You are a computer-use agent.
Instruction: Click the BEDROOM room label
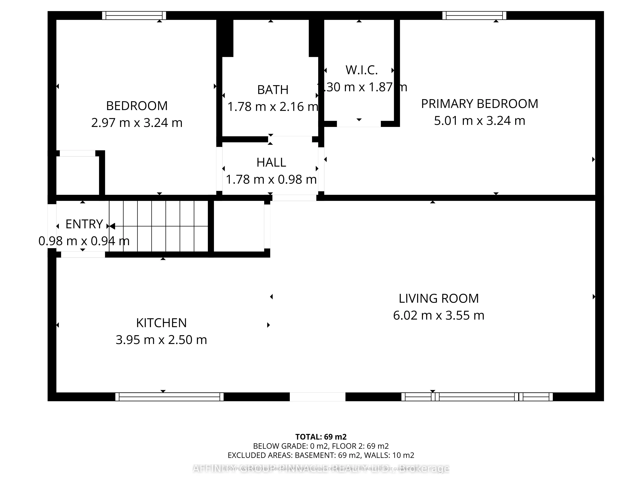137,106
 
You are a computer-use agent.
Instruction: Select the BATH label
273,90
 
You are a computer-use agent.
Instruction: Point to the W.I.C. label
361,70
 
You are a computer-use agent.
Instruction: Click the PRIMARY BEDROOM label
479,104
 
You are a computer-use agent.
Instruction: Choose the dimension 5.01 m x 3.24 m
479,121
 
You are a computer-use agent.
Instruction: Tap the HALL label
271,162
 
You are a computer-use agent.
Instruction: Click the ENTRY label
84,224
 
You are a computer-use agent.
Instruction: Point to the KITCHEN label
161,323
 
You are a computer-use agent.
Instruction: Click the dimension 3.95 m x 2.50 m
161,340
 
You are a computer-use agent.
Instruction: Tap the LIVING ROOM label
438,298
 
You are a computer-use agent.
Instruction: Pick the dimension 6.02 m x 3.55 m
438,315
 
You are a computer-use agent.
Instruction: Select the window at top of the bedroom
134,15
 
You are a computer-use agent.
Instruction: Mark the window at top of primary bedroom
474,15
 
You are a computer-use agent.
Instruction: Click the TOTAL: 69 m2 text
321,437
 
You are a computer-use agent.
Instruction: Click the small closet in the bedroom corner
78,175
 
